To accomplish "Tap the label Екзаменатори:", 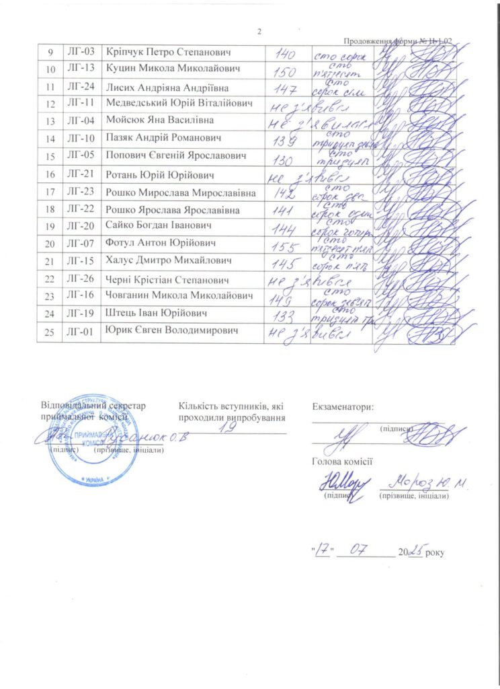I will click(343, 406).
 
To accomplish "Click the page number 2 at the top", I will click(260, 32).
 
